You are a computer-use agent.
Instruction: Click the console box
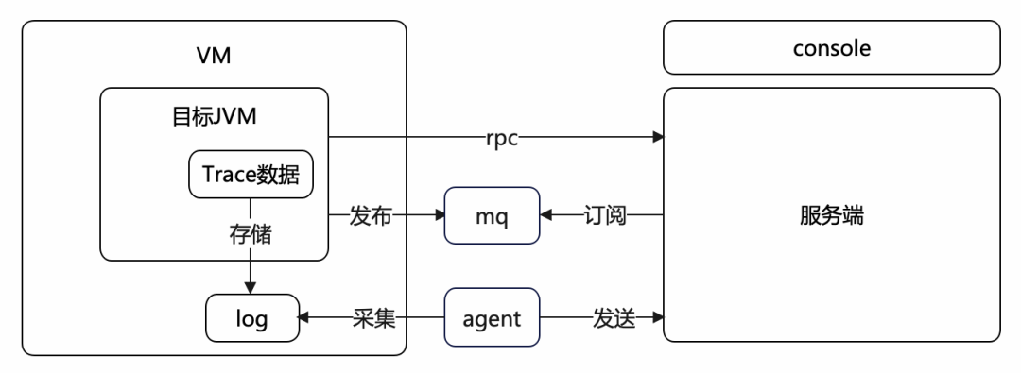pyautogui.click(x=831, y=47)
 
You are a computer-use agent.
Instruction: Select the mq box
pyautogui.click(x=491, y=217)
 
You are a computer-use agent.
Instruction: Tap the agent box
pyautogui.click(x=491, y=319)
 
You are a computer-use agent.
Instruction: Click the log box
pyautogui.click(x=251, y=319)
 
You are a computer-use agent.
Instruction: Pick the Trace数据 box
pyautogui.click(x=251, y=175)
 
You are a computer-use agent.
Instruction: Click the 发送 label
pyautogui.click(x=612, y=319)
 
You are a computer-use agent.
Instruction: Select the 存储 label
pyautogui.click(x=251, y=234)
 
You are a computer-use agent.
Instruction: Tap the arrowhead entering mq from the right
pyautogui.click(x=545, y=217)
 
